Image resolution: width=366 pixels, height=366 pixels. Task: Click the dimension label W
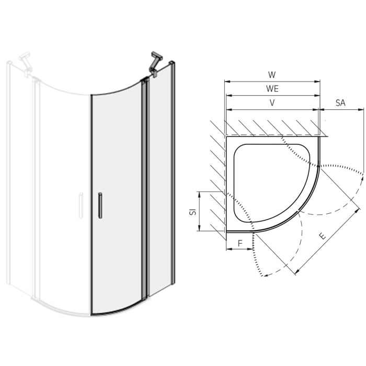pyautogui.click(x=272, y=75)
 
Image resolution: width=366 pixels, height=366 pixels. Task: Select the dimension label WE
pyautogui.click(x=272, y=89)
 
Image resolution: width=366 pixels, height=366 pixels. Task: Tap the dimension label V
pyautogui.click(x=272, y=103)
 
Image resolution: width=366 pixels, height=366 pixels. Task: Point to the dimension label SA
pyautogui.click(x=340, y=103)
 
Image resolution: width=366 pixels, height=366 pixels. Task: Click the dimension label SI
pyautogui.click(x=192, y=211)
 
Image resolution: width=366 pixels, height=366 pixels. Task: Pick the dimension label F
pyautogui.click(x=240, y=243)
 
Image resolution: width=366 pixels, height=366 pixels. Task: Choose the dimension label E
pyautogui.click(x=323, y=236)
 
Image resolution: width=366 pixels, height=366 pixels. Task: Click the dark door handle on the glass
pyautogui.click(x=99, y=205)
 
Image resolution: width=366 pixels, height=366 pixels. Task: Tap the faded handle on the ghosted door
pyautogui.click(x=80, y=205)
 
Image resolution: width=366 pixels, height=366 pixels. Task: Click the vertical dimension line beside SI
pyautogui.click(x=200, y=211)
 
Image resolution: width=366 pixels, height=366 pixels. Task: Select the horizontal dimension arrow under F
pyautogui.click(x=240, y=249)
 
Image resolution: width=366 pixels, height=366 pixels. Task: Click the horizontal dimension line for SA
pyautogui.click(x=340, y=110)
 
